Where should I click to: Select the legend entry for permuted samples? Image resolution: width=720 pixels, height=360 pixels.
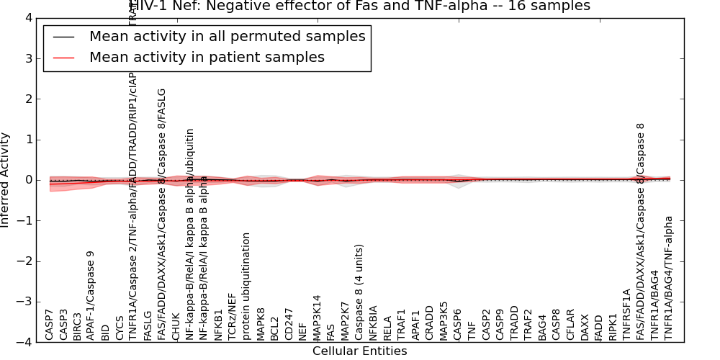[x=227, y=37]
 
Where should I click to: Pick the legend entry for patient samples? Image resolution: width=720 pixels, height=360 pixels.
[x=207, y=58]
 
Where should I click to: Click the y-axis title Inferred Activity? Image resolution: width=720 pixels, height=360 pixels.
[x=6, y=180]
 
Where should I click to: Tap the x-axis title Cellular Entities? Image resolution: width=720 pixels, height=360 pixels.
[x=359, y=351]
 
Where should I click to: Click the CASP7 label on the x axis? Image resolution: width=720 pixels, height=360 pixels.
[x=49, y=325]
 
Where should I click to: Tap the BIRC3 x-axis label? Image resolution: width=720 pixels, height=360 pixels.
[x=77, y=324]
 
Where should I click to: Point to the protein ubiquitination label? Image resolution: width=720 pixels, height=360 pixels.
[x=246, y=286]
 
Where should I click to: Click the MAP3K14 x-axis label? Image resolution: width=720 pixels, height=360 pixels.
[x=317, y=318]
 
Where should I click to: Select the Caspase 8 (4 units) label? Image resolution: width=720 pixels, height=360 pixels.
[x=359, y=292]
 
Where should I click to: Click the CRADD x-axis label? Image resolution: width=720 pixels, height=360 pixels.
[x=429, y=324]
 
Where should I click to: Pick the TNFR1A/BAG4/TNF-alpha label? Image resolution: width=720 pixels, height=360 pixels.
[x=669, y=278]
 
